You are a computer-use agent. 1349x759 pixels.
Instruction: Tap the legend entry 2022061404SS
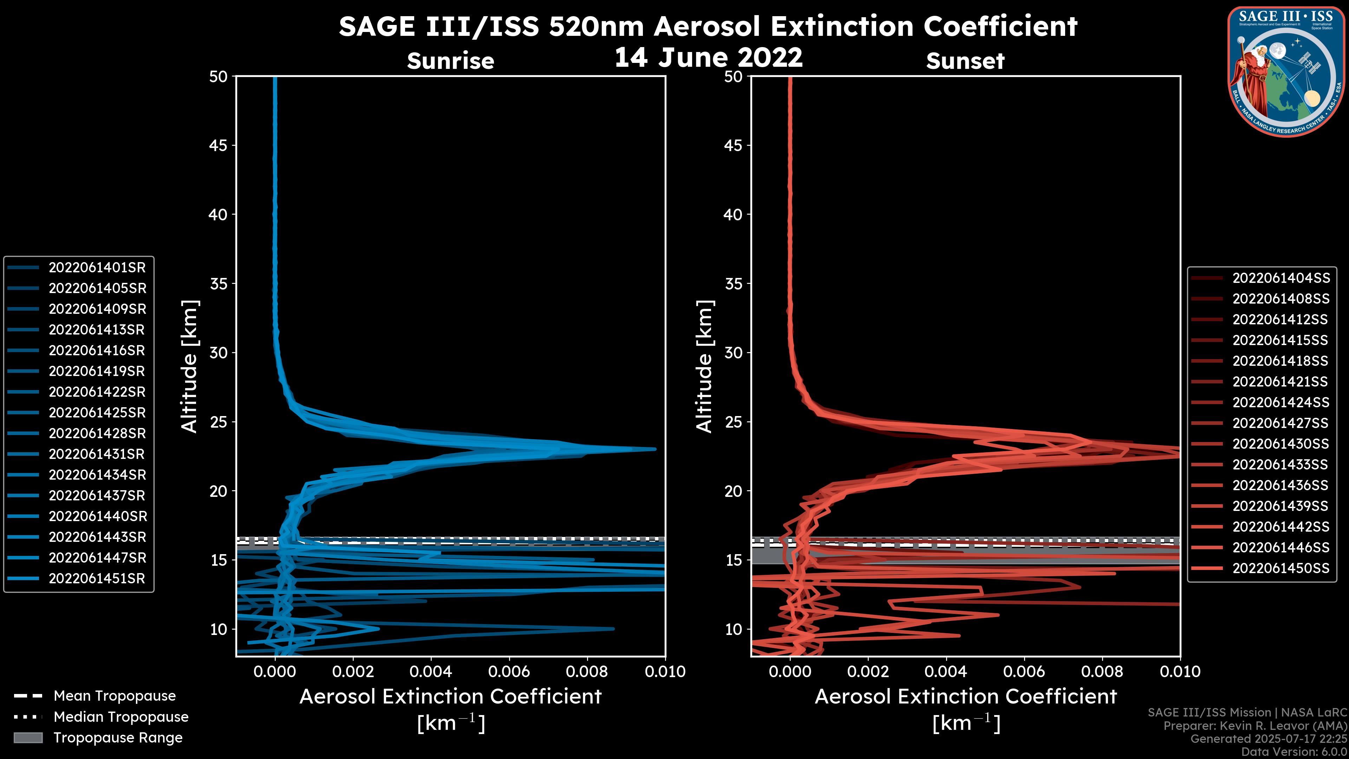point(1280,278)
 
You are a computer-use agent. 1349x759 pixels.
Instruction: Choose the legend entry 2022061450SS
point(1280,568)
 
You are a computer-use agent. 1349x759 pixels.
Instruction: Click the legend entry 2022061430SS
point(1280,444)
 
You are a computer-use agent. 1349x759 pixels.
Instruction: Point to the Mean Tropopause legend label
point(115,696)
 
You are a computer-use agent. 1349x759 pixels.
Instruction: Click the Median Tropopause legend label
point(121,717)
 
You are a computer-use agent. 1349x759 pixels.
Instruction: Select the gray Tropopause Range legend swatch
point(28,738)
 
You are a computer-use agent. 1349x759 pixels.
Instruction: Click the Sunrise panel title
point(450,61)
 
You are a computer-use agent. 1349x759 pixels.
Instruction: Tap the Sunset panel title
point(965,61)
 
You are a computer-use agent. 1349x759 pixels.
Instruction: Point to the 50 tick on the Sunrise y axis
point(219,77)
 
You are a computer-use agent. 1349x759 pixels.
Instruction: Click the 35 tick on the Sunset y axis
point(734,284)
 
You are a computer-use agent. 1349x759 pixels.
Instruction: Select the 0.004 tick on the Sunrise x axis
point(431,672)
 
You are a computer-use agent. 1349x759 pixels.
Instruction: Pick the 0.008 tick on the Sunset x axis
point(1102,672)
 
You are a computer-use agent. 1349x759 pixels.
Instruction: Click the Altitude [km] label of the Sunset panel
point(704,366)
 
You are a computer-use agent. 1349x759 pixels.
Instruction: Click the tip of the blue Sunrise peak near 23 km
point(654,449)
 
